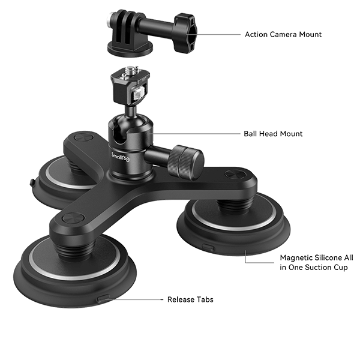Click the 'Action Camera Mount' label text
click(283, 35)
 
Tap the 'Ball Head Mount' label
click(273, 134)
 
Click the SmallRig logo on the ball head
click(119, 156)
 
